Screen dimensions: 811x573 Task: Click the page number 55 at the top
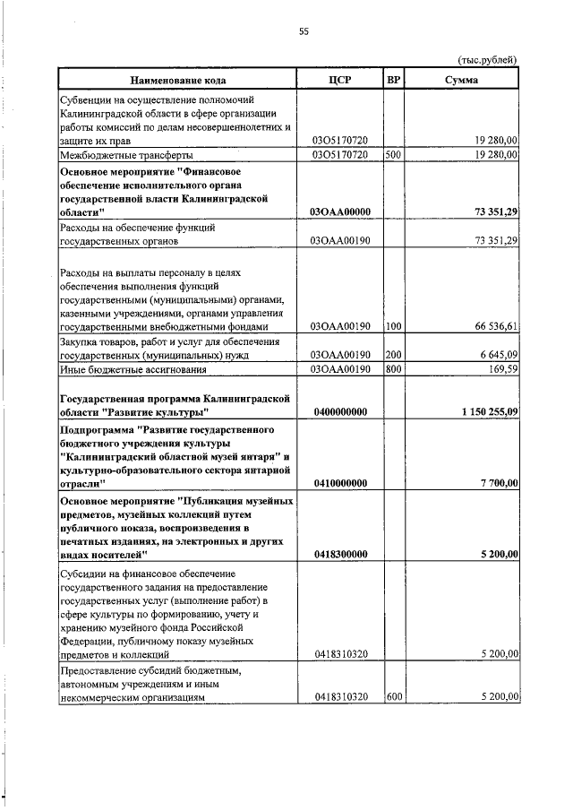coord(304,32)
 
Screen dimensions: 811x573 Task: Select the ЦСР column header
coord(339,80)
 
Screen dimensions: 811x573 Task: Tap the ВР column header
coord(392,80)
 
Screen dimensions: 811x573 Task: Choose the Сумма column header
coord(461,80)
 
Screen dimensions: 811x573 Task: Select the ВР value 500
coord(391,154)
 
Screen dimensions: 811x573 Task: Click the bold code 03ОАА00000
coord(339,211)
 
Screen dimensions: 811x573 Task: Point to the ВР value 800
coord(391,369)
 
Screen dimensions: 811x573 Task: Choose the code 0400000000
coord(339,411)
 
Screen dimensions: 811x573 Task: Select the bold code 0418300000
coord(339,555)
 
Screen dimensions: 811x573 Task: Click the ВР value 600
coord(391,696)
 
